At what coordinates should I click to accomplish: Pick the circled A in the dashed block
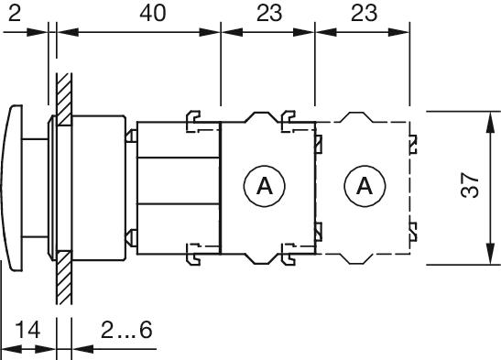(363, 187)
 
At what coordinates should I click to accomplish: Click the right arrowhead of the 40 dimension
(215, 33)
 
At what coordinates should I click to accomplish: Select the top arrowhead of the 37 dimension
(484, 116)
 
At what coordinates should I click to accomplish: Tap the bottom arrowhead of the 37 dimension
(484, 259)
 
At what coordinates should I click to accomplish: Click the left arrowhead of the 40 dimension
(64, 33)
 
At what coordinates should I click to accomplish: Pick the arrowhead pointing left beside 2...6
(77, 349)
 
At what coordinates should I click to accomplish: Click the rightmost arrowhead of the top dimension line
(402, 33)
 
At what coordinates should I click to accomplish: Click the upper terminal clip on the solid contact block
(288, 117)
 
